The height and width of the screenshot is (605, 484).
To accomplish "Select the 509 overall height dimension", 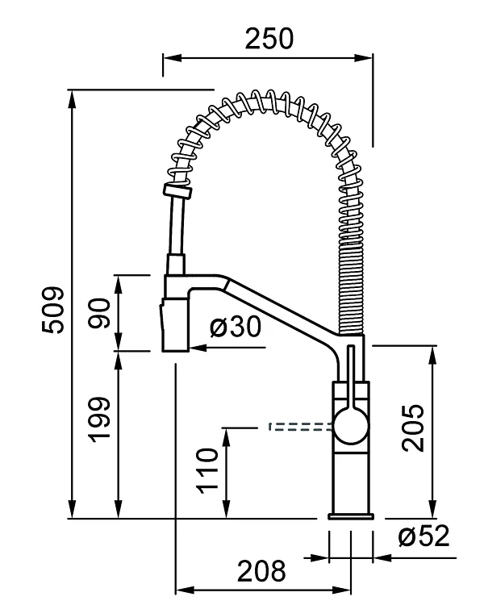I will click(x=53, y=310).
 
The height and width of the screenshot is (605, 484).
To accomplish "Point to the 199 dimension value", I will click(x=100, y=419).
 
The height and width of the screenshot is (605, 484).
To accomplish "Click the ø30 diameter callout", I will click(x=236, y=327).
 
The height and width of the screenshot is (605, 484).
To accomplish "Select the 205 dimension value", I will click(x=413, y=428).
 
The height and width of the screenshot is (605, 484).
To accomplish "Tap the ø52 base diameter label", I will click(x=423, y=536).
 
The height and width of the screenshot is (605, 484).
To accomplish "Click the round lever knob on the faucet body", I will click(x=350, y=426).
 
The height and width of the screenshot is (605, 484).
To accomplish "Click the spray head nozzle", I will click(x=174, y=324).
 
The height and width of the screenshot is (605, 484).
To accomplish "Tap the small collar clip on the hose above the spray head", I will click(x=177, y=191).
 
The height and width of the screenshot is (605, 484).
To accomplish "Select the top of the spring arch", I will click(x=266, y=100).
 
